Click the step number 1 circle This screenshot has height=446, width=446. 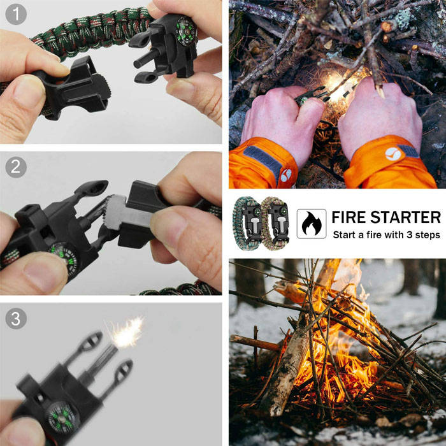(16, 14)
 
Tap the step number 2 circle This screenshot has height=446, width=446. (16, 167)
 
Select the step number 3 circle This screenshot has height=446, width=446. (16, 319)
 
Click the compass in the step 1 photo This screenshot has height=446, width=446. (186, 31)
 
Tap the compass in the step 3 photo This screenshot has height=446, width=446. (62, 417)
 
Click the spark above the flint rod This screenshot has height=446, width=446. (127, 333)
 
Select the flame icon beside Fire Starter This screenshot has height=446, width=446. (312, 224)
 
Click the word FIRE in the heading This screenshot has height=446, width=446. (349, 218)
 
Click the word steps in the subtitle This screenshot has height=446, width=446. (428, 236)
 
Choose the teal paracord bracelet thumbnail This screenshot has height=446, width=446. (247, 224)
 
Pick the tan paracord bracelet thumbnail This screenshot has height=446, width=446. (275, 224)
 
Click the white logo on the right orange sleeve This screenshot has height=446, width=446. (393, 154)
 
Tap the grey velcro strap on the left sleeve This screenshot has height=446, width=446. (263, 160)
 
